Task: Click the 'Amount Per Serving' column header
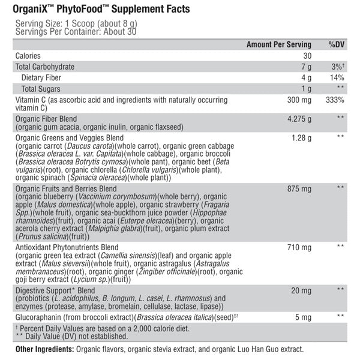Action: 279,44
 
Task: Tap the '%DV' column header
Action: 335,44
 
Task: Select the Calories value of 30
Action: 307,56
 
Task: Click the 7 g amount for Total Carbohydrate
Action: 306,67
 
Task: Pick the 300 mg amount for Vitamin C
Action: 300,100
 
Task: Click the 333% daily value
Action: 335,100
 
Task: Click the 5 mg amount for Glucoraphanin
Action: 303,316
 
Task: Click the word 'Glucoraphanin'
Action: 38,316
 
